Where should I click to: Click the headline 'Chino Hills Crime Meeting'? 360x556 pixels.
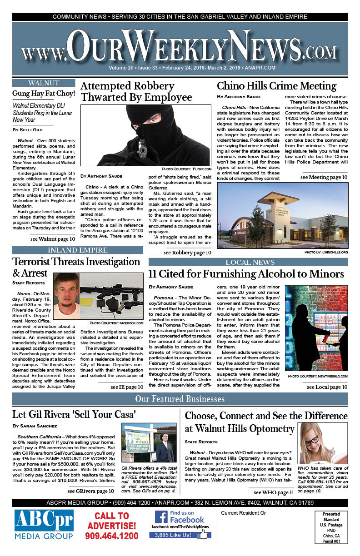pos(276,86)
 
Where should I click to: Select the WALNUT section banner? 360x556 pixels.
pos(43,83)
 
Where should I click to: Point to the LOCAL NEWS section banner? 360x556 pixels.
pos(250,262)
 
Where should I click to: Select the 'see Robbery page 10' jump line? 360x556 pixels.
pos(187,253)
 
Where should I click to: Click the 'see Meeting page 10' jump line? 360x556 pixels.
pos(324,177)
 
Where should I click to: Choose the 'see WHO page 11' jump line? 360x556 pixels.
pos(274,492)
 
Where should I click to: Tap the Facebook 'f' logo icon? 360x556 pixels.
pos(161,517)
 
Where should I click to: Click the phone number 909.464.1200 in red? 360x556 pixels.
pos(111,536)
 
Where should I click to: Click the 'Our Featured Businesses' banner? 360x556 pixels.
pos(180,399)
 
